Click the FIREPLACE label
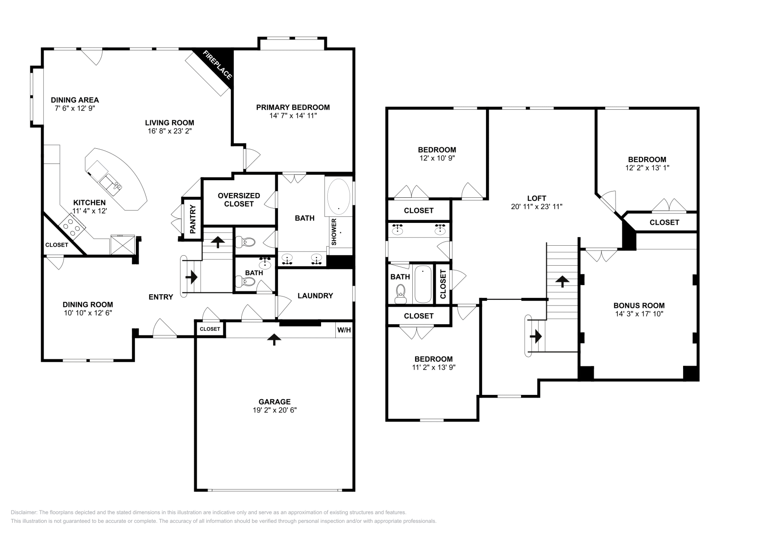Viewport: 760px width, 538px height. (x=218, y=65)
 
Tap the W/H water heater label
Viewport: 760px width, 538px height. (x=344, y=330)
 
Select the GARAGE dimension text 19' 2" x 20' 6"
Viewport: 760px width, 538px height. (x=275, y=410)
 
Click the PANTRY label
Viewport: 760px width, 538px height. (x=193, y=219)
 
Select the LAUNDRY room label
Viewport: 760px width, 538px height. (x=315, y=296)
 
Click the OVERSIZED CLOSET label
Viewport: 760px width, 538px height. (x=238, y=200)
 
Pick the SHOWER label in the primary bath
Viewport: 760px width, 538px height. (x=334, y=232)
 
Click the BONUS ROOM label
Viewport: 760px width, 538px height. (x=639, y=306)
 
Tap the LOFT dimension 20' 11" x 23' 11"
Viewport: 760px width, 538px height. (x=536, y=207)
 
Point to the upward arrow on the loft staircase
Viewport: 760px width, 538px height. (x=562, y=281)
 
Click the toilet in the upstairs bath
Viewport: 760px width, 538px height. (x=401, y=293)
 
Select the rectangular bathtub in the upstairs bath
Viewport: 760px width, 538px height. (x=422, y=285)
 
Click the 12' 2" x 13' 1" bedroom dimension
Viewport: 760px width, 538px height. (x=647, y=168)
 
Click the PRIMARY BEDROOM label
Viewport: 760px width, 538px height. (x=293, y=107)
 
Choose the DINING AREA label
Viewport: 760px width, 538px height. (x=75, y=100)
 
